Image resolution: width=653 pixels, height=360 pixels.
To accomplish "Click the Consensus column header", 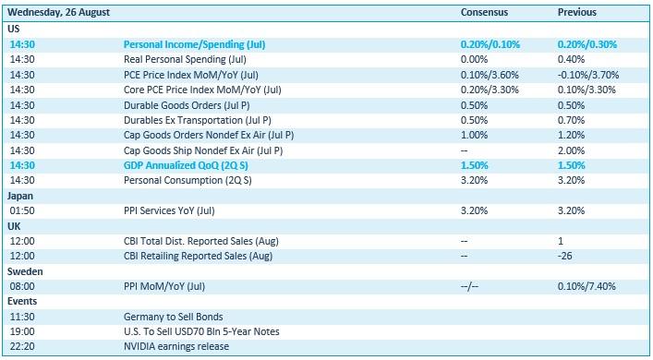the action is [484, 12].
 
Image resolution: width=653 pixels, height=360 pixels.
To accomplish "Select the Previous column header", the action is [576, 12].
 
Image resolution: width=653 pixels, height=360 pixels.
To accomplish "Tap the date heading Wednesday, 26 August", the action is [59, 13].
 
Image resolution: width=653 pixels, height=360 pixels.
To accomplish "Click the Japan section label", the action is [20, 196].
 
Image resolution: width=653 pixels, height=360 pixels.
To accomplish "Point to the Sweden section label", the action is [25, 271].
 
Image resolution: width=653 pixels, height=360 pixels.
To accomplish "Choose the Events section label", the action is [22, 301].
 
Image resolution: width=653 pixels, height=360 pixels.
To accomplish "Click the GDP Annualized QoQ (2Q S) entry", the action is [186, 165].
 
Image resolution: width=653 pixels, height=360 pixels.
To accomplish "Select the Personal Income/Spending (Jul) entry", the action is [195, 44].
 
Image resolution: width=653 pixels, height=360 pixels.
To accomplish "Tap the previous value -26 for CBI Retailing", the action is [564, 256].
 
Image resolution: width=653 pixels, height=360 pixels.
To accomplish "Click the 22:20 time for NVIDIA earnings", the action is [22, 346].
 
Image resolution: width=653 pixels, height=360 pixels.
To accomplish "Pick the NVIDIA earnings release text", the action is [176, 346].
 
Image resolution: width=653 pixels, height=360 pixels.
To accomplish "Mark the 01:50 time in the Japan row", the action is [22, 210].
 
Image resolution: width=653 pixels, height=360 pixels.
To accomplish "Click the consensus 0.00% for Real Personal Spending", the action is [474, 59].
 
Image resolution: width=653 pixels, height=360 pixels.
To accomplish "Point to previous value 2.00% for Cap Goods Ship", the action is [571, 150].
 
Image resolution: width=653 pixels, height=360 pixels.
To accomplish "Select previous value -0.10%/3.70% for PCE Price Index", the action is [588, 75].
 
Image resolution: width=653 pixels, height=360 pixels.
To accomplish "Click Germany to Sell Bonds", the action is [174, 317].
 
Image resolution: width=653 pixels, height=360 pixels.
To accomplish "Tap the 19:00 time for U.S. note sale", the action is [22, 331].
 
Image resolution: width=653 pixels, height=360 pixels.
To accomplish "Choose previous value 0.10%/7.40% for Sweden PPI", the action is [586, 286].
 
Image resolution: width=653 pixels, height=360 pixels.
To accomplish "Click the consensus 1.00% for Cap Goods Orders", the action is [474, 136].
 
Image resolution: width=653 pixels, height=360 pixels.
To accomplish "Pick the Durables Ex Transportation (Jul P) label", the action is [198, 120].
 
